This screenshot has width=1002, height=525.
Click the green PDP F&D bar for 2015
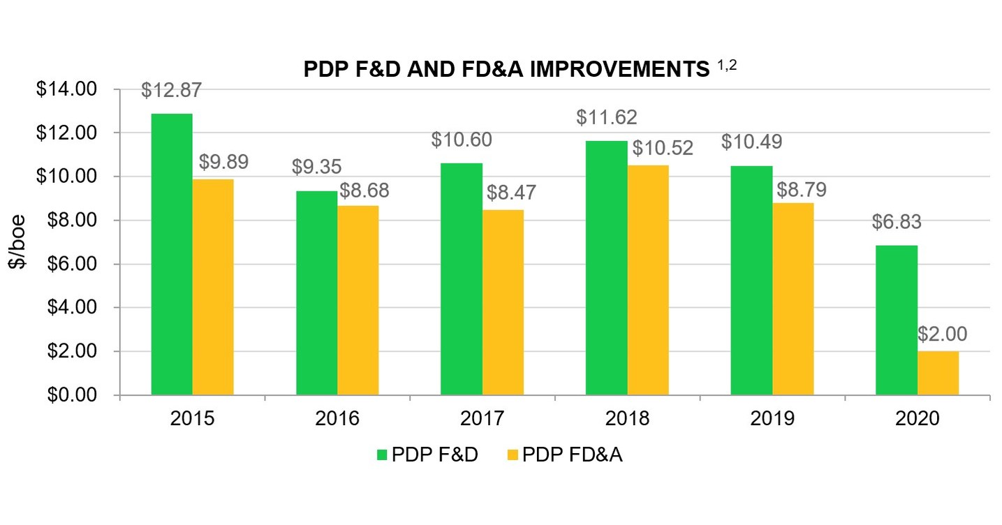pos(172,255)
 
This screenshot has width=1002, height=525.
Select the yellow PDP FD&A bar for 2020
pos(938,374)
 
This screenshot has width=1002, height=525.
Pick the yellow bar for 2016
pos(358,300)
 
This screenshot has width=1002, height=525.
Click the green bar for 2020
pos(897,320)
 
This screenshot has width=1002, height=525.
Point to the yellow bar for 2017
pos(503,302)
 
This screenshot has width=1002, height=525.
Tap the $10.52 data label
pos(663,148)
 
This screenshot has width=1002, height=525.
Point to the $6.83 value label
pos(897,222)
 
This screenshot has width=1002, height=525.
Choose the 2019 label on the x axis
pos(772,419)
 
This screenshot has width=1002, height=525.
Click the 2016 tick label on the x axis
pos(337,419)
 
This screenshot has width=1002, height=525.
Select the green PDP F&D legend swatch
pos(382,454)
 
